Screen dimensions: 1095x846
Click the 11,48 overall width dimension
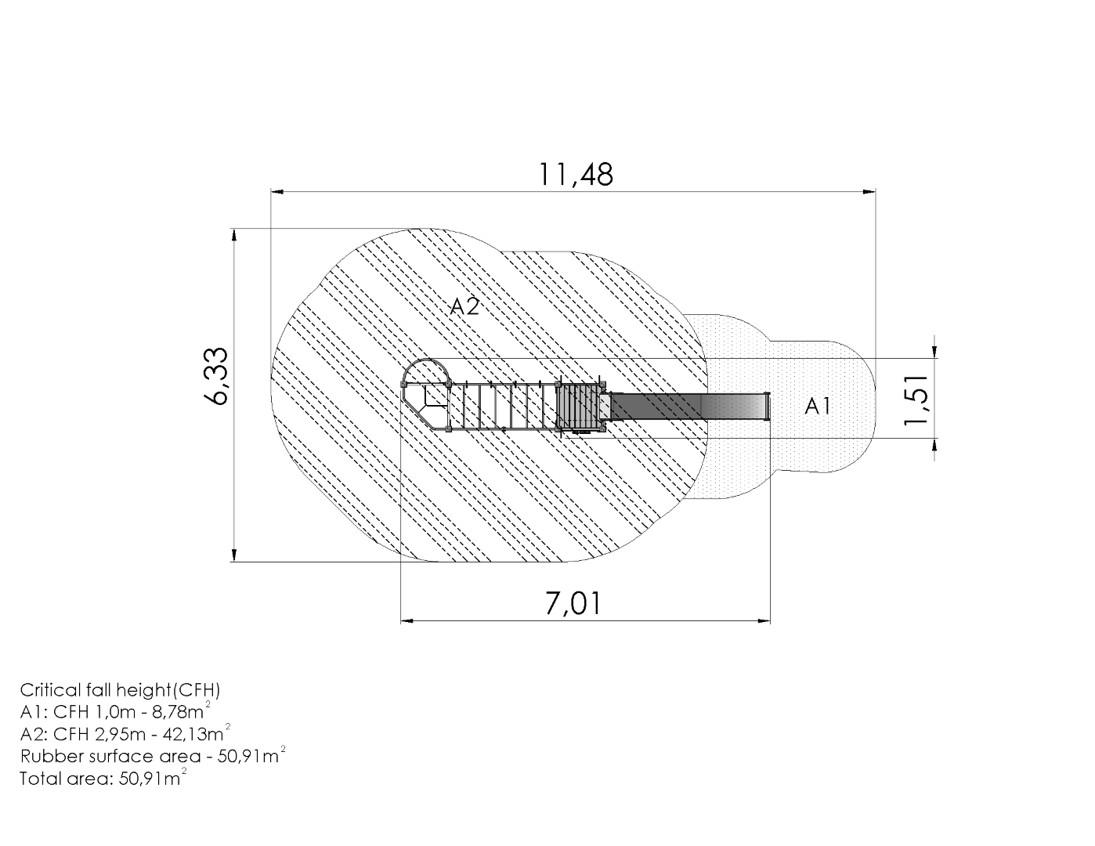click(576, 175)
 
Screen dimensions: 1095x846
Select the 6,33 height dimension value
click(217, 376)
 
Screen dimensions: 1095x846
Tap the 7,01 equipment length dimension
click(573, 604)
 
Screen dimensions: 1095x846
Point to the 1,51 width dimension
click(916, 400)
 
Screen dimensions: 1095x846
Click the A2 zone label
click(464, 306)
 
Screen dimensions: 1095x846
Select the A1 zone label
click(818, 406)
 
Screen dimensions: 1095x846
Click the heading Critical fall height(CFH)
click(120, 691)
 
